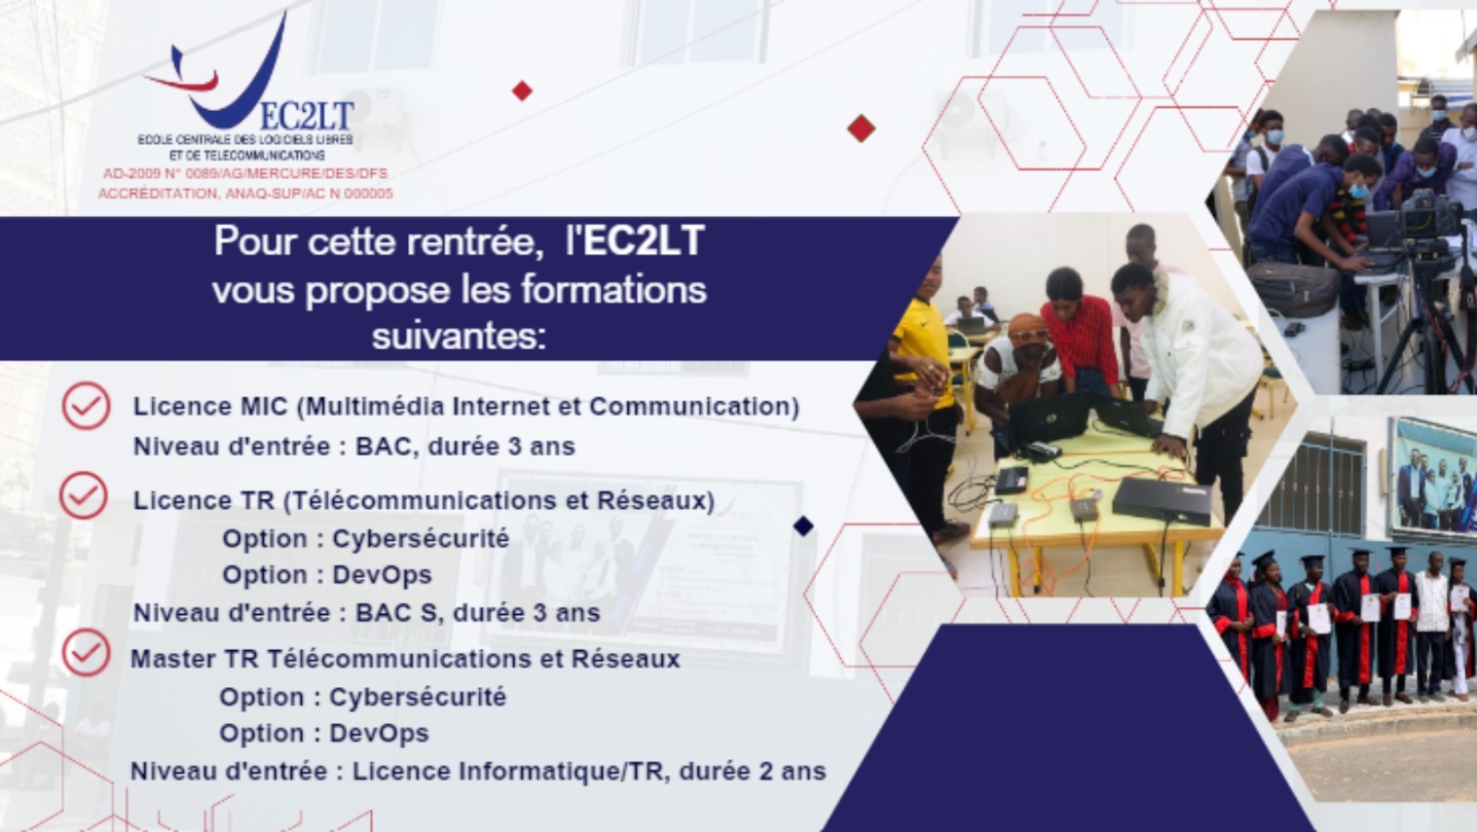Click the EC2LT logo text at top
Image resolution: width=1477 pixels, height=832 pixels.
coord(307,116)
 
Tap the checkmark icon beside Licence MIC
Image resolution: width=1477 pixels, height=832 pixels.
coord(87,405)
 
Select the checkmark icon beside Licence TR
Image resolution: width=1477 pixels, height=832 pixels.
coord(84,495)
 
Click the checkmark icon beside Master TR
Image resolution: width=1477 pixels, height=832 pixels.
coord(87,652)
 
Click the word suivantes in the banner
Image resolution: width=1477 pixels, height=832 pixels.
coord(459,336)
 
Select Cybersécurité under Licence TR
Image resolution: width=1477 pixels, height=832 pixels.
coord(421,538)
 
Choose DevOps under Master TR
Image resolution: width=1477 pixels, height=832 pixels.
coord(379,733)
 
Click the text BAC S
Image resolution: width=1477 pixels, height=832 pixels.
coord(396,613)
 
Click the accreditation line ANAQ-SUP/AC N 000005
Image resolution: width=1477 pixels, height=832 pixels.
coord(246,193)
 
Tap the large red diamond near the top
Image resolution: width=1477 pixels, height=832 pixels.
coord(861,128)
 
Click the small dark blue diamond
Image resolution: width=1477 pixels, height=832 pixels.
coord(803,525)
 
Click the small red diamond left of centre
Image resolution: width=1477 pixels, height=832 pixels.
coord(522,91)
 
